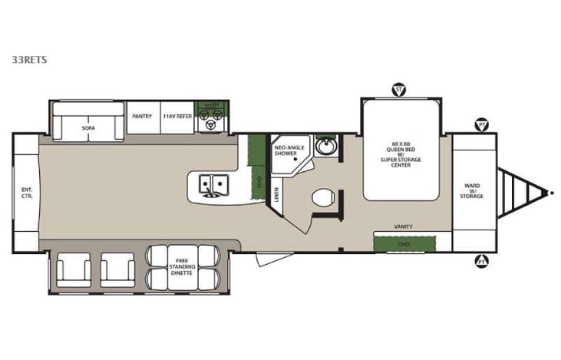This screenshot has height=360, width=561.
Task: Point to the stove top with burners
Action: tap(210, 117)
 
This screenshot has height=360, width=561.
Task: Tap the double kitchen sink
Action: tap(213, 183)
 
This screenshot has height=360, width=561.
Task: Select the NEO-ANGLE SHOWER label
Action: tap(288, 150)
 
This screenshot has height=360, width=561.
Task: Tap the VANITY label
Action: tap(404, 228)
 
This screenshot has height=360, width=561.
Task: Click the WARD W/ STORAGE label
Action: tap(472, 191)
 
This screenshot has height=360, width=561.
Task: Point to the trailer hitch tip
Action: tap(550, 192)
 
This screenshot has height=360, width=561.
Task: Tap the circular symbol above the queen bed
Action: tap(398, 89)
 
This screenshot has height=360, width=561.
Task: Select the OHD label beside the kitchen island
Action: tap(259, 183)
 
